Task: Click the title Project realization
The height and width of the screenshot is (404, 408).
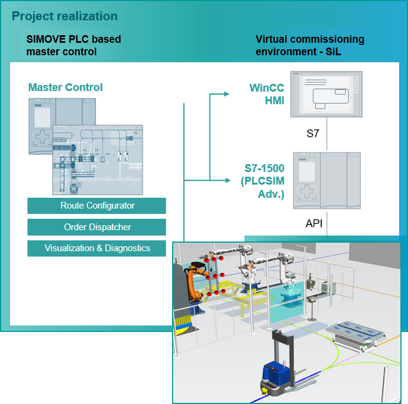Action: [x=64, y=16]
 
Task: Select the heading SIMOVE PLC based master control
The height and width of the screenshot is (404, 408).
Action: [x=74, y=45]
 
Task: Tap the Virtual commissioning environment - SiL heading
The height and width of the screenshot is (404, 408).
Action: [x=310, y=45]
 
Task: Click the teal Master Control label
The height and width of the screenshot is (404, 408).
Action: [x=65, y=87]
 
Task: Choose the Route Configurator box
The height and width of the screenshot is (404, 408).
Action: [x=97, y=206]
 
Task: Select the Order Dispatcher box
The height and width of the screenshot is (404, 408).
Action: [x=97, y=227]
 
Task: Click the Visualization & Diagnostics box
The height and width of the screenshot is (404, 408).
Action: [x=97, y=248]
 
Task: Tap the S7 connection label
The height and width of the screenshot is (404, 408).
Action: [x=313, y=134]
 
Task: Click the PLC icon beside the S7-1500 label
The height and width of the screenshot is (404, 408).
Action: [x=326, y=180]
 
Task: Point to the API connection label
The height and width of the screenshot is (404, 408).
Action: [x=314, y=223]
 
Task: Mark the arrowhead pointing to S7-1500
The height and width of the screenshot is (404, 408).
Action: [x=226, y=180]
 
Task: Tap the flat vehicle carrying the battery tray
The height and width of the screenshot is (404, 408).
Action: [x=354, y=337]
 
